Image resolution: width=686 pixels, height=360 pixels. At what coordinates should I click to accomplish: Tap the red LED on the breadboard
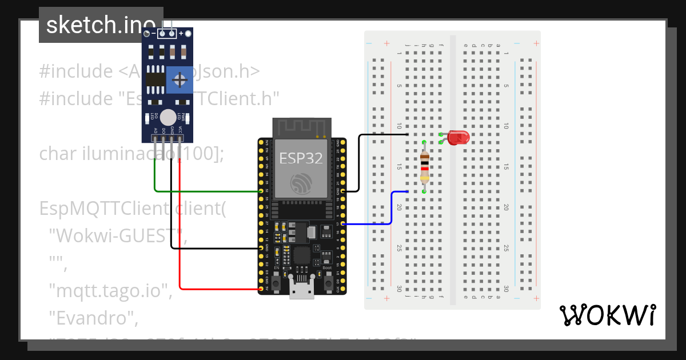[458, 137]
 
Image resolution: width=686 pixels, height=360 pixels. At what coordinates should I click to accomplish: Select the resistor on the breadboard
[424, 166]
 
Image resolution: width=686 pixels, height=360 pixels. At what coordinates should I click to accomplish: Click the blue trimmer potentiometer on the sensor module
[180, 79]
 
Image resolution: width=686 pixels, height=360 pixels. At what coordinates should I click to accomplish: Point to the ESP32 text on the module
[301, 158]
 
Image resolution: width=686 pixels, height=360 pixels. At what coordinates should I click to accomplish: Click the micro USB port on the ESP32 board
[301, 292]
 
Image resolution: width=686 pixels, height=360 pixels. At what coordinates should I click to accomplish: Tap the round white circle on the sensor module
[168, 118]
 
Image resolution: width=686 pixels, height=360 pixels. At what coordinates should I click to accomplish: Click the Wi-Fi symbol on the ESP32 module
[301, 184]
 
